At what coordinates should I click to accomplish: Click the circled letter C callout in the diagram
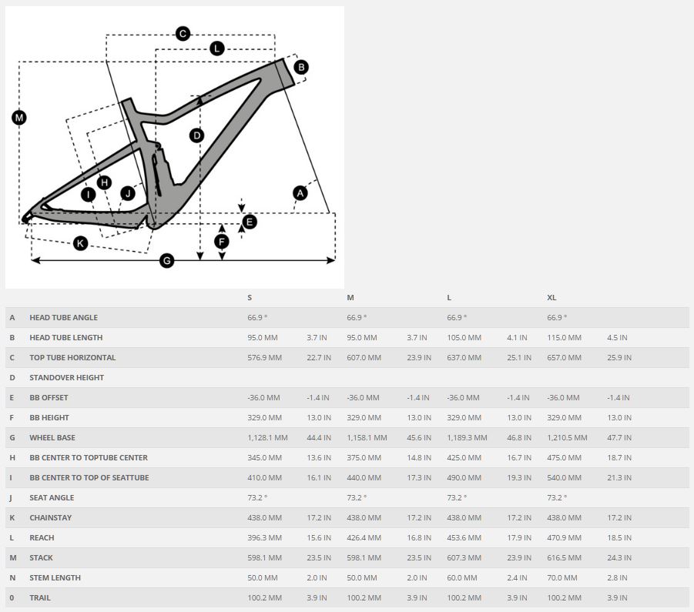pos(183,34)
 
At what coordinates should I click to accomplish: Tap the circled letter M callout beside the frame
pos(19,118)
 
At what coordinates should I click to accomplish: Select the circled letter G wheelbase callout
pos(166,261)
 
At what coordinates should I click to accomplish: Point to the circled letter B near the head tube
pos(301,67)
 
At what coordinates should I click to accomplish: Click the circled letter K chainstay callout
pos(80,244)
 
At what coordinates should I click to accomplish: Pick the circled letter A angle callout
pos(300,193)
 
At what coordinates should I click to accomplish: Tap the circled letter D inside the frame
pos(196,135)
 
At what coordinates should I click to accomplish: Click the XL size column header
pos(552,297)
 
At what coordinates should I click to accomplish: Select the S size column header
pos(250,297)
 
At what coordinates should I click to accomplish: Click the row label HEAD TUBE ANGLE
pos(63,317)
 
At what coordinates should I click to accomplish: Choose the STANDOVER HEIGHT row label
pos(66,377)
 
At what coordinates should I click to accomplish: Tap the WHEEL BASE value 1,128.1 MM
pos(267,437)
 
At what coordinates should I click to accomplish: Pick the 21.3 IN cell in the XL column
pos(619,477)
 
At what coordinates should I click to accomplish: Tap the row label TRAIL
pos(40,597)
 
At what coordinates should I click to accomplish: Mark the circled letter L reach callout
pos(216,48)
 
